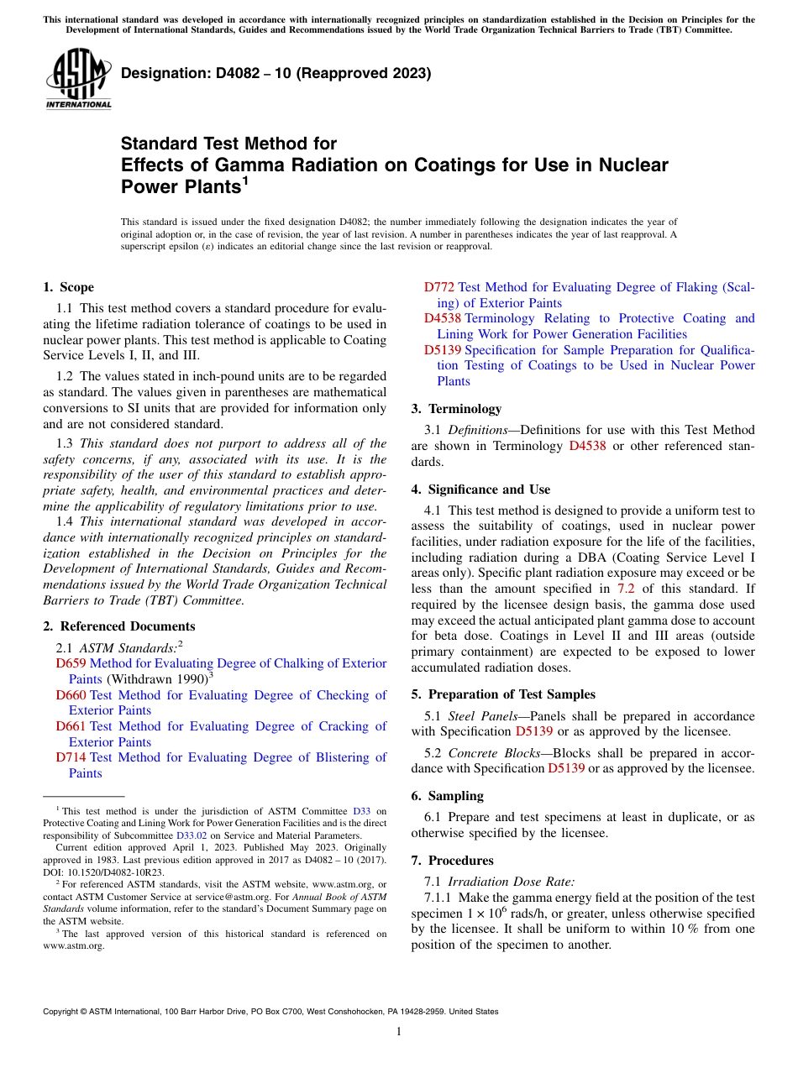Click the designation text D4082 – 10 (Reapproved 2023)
276,73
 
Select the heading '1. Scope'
68,287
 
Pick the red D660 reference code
71,695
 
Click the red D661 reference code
71,726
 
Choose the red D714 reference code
71,757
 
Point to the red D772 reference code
439,287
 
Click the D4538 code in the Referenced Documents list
443,318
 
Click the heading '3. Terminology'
456,409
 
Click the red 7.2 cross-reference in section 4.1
626,589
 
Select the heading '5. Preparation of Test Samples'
502,694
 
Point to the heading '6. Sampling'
447,796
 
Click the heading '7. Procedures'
452,861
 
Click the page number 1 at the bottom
399,1032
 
